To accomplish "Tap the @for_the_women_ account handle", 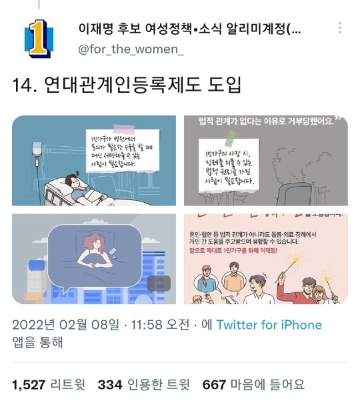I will coord(131,50).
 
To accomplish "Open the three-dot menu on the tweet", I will coord(340,28).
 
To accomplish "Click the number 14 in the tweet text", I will coord(24,85).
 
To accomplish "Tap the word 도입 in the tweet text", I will coord(224,85).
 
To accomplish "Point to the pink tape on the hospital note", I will coord(127,125).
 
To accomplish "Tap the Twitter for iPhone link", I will coord(269,326).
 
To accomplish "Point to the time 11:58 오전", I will coord(164,326).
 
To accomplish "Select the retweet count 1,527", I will coord(29,384).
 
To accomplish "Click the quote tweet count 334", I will coord(109,384).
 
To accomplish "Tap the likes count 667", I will coord(214,384).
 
